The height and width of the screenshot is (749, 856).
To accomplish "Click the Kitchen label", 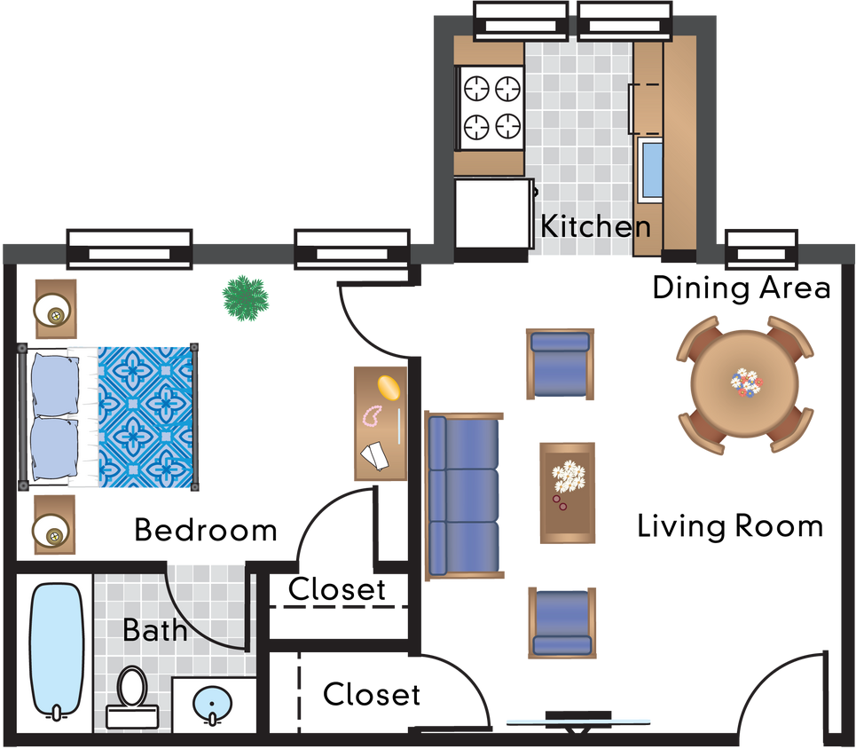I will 595,226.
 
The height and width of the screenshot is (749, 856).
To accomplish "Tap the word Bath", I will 155,630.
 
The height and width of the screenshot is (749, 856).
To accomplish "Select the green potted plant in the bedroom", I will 245,297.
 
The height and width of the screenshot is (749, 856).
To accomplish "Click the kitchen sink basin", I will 650,168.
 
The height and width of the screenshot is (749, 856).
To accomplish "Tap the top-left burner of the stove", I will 477,89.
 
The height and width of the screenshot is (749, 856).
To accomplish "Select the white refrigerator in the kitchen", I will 492,214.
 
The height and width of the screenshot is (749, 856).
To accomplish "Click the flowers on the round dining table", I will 746,383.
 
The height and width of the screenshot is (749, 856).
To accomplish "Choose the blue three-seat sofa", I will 463,495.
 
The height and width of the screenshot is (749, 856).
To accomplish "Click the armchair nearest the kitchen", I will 559,365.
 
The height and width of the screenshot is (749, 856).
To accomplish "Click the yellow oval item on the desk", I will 389,388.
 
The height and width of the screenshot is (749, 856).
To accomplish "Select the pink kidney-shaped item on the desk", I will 371,415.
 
